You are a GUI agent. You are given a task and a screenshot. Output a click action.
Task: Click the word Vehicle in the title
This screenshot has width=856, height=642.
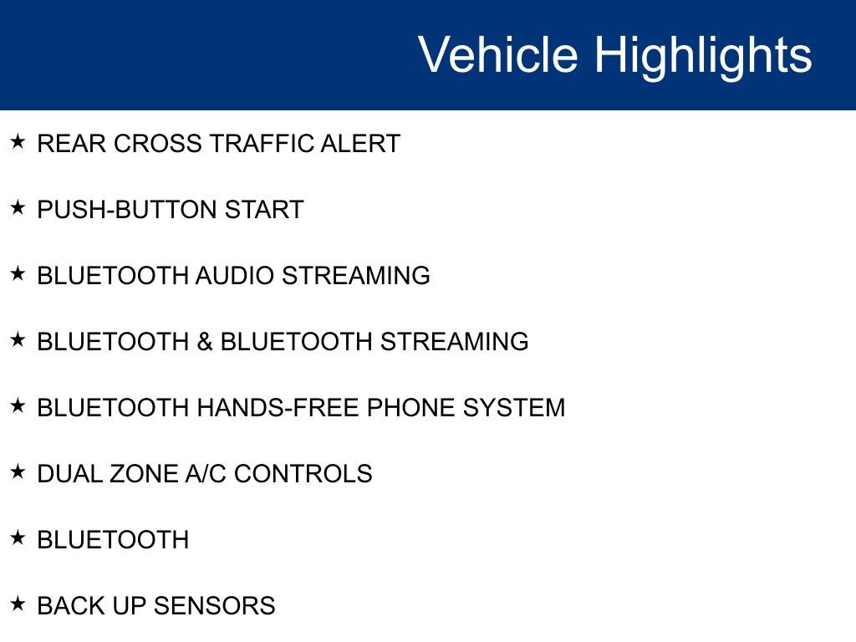click(498, 54)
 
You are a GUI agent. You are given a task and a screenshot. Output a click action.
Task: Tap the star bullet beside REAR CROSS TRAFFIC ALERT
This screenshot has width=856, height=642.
click(18, 141)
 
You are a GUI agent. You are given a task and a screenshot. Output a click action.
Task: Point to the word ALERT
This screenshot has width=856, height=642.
click(360, 144)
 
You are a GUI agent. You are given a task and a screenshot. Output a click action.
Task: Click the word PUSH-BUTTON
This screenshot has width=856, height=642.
click(127, 210)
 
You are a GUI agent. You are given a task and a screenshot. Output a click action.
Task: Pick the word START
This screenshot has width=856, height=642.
click(264, 210)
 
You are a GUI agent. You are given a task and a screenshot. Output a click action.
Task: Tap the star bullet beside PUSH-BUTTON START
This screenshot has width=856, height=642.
click(18, 207)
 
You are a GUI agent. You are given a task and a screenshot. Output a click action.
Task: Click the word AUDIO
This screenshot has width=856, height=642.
click(235, 276)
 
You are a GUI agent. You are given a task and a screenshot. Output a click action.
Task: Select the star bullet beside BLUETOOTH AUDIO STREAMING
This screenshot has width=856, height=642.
click(18, 273)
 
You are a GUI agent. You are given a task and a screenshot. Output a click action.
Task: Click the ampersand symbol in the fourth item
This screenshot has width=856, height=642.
click(205, 342)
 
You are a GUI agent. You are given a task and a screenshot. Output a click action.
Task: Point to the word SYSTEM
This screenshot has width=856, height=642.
click(514, 408)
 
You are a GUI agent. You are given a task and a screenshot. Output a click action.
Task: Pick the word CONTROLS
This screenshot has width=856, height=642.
click(303, 474)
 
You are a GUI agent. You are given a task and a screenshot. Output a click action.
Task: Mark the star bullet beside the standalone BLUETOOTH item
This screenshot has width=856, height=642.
click(18, 538)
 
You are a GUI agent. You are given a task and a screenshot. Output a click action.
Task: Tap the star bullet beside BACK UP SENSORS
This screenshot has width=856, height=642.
click(18, 604)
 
